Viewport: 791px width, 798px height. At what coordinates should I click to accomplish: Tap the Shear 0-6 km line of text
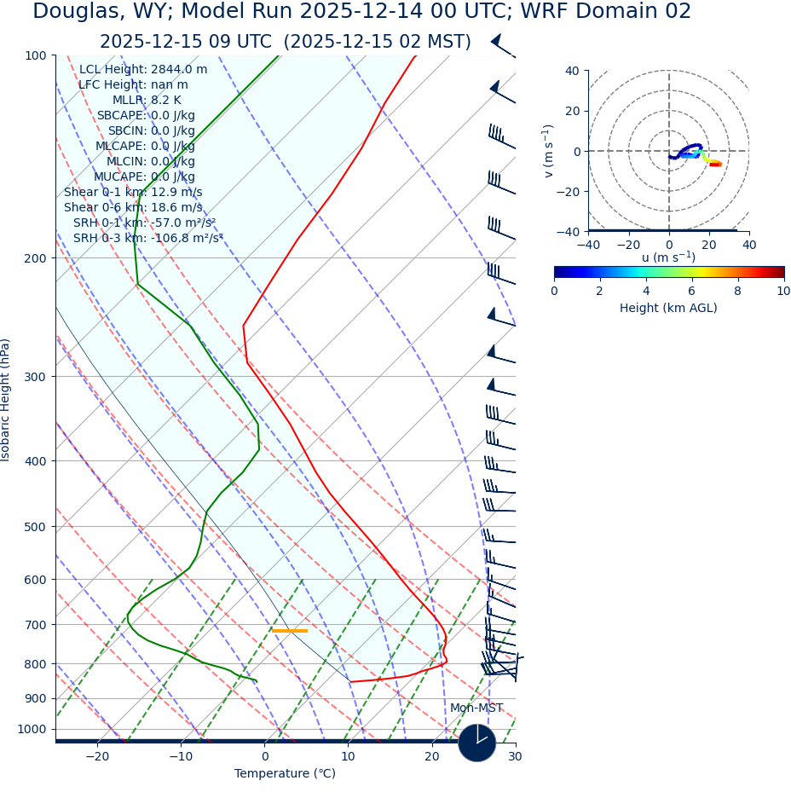coord(133,207)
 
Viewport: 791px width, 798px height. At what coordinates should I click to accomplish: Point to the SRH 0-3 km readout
coord(147,238)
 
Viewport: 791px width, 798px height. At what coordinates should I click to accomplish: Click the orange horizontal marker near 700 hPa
coord(290,631)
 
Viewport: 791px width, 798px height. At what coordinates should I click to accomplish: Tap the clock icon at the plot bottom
coord(477,743)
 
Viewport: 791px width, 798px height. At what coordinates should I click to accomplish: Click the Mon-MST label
coord(476,708)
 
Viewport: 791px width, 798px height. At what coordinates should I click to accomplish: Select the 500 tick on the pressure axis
coord(35,527)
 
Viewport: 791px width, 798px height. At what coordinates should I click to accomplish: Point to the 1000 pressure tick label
coord(32,729)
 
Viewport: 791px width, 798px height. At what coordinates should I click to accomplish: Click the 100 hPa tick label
coord(35,55)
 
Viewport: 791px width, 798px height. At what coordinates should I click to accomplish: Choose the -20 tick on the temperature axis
coord(97,757)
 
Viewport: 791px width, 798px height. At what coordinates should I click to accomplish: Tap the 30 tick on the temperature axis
coord(515,757)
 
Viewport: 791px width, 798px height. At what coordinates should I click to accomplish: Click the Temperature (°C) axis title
coord(285,774)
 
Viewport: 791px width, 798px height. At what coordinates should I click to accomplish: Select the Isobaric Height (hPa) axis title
coord(6,400)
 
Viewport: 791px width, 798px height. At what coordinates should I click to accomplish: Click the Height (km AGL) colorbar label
coord(668,308)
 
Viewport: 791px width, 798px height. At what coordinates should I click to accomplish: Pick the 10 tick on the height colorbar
coord(782,291)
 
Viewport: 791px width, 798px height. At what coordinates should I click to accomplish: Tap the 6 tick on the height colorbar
coord(692,291)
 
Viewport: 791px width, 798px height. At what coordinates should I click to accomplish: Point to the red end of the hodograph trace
coord(715,165)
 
